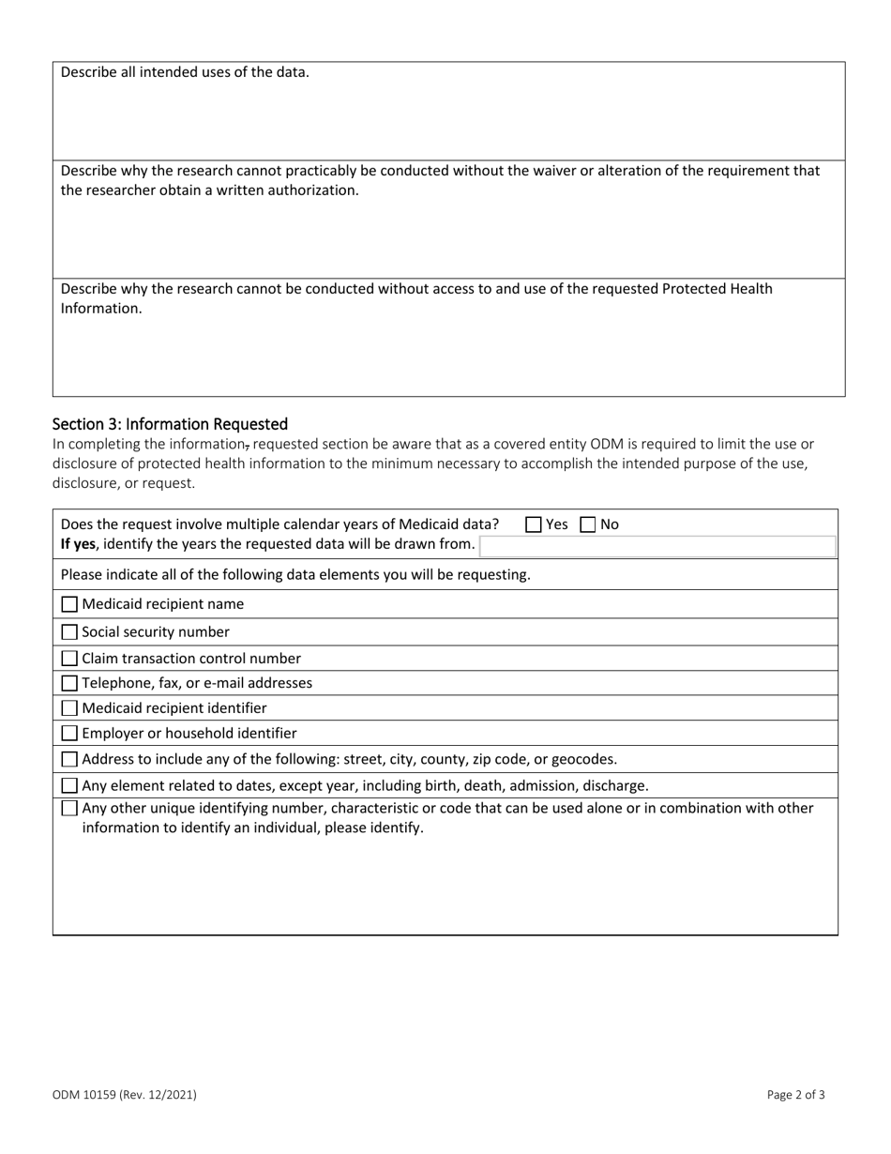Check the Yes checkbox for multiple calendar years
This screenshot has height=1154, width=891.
[x=534, y=525]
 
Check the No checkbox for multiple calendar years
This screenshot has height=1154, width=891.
[x=588, y=525]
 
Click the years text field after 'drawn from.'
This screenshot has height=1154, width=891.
[x=657, y=546]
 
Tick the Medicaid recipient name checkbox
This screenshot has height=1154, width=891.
[x=69, y=605]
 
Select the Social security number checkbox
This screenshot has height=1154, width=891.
[x=69, y=632]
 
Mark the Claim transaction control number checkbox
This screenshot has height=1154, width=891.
[x=69, y=659]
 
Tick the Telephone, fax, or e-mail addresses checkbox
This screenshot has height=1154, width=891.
[x=69, y=684]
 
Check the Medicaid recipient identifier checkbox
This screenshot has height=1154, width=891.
[x=69, y=709]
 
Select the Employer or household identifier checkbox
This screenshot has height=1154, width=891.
[x=69, y=734]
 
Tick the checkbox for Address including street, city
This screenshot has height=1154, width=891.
[x=69, y=760]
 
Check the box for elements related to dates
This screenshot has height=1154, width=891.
[x=69, y=786]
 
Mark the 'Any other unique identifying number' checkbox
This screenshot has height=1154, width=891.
[x=69, y=809]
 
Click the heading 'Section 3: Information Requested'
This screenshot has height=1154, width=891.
[x=170, y=424]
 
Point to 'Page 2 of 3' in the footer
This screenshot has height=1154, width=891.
[x=795, y=1094]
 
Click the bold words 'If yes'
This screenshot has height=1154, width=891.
[x=78, y=544]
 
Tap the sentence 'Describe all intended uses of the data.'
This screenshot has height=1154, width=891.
[x=185, y=72]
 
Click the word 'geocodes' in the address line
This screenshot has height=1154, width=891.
[x=585, y=759]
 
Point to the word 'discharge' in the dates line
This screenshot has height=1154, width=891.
[x=614, y=785]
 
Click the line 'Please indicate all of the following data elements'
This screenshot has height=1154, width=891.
[x=295, y=574]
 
